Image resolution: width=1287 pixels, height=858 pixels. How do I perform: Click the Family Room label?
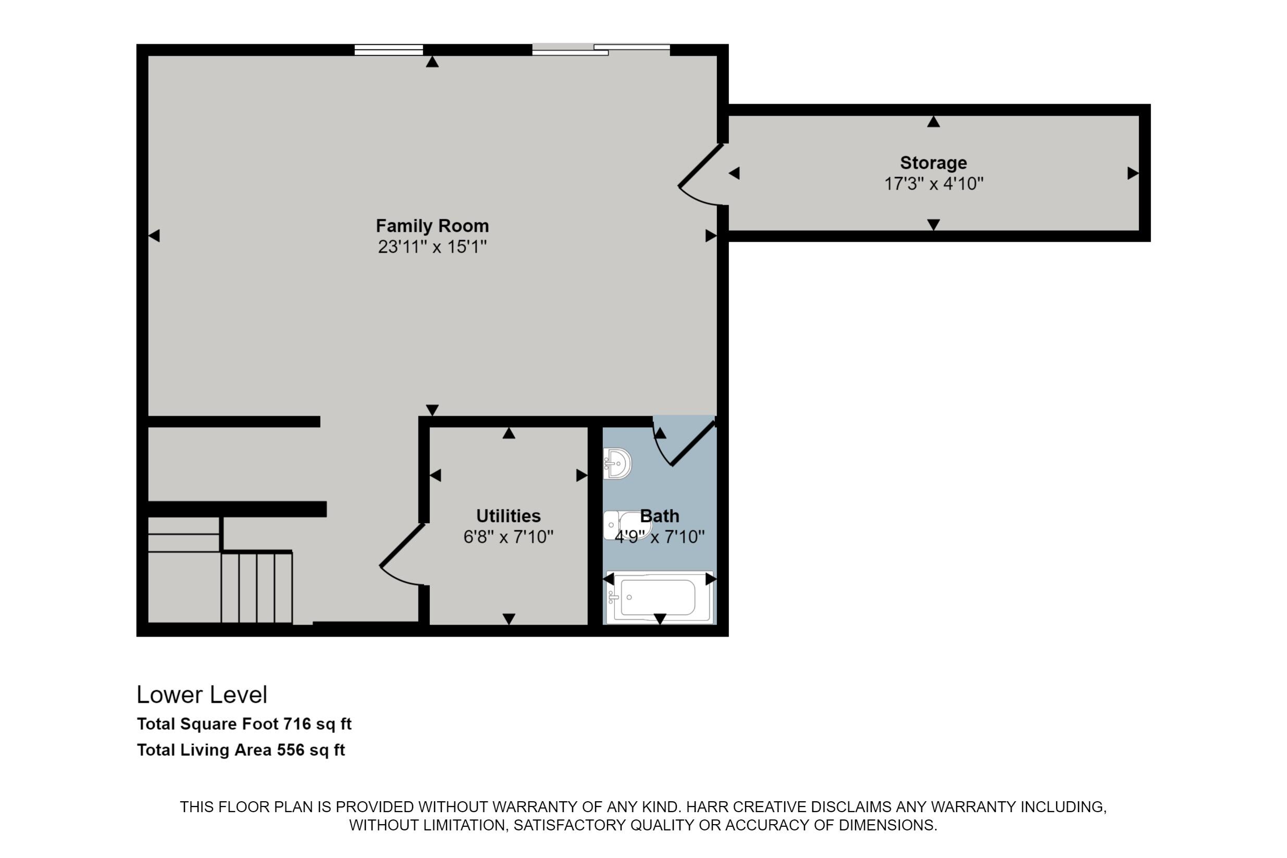pyautogui.click(x=432, y=226)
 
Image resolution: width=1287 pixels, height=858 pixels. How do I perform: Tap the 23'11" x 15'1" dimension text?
pyautogui.click(x=432, y=247)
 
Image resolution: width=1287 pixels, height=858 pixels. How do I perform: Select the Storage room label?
pyautogui.click(x=933, y=163)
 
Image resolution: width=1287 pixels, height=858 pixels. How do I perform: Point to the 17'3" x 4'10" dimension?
pyautogui.click(x=934, y=183)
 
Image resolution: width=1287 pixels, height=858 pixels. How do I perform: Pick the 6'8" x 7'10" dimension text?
pyautogui.click(x=508, y=537)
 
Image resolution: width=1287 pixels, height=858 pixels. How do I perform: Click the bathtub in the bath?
pyautogui.click(x=659, y=597)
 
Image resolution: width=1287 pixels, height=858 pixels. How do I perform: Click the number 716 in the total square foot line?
pyautogui.click(x=296, y=724)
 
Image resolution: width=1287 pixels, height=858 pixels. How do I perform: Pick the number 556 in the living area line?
pyautogui.click(x=290, y=750)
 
